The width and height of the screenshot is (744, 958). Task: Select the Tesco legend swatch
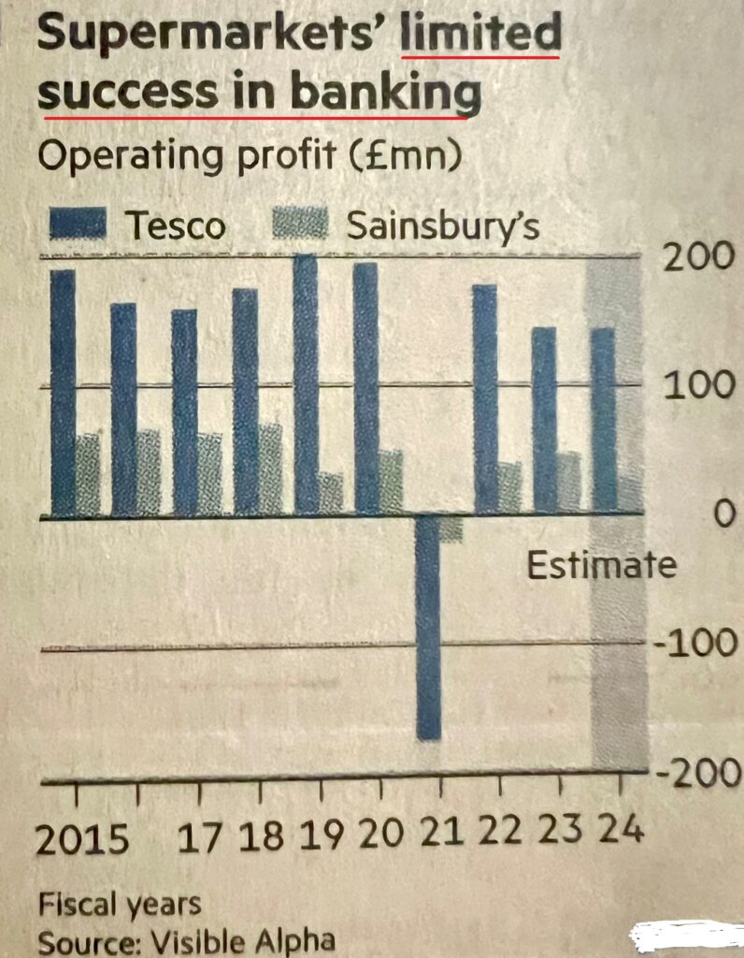click(x=79, y=225)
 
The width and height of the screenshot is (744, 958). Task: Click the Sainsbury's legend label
click(x=442, y=225)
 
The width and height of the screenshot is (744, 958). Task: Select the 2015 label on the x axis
click(x=82, y=839)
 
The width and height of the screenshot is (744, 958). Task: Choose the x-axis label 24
click(x=621, y=829)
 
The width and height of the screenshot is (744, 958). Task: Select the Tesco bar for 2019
click(x=306, y=384)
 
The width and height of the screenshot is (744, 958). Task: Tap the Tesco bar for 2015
click(x=63, y=393)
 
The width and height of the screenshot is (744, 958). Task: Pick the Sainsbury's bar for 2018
click(x=270, y=469)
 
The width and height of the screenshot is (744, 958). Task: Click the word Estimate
click(x=601, y=566)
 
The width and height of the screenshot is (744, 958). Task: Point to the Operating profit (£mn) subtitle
click(x=248, y=156)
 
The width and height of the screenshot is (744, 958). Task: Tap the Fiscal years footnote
click(x=119, y=904)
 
